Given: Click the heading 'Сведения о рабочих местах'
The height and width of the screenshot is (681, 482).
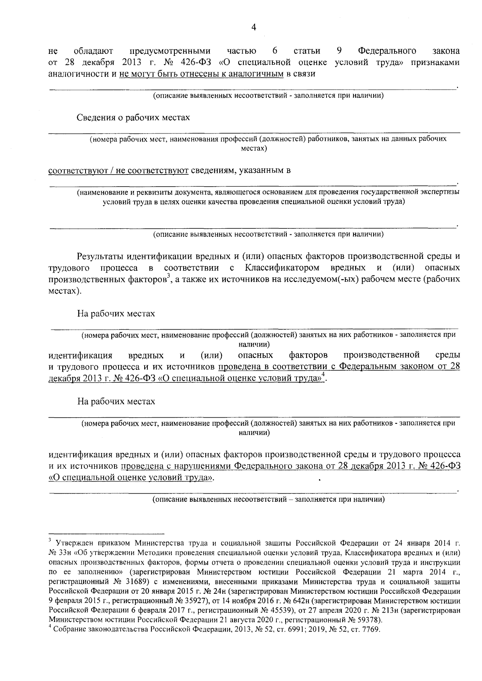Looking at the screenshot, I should pyautogui.click(x=133, y=117).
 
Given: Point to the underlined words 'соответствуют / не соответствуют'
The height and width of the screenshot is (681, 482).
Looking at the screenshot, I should pyautogui.click(x=118, y=170).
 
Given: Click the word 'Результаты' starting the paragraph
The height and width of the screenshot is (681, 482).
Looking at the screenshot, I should pyautogui.click(x=100, y=256).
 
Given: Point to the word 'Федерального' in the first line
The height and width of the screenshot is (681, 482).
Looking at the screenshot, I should pyautogui.click(x=386, y=51).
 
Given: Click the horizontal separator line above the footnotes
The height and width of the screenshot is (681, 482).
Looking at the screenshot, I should pyautogui.click(x=106, y=531).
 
